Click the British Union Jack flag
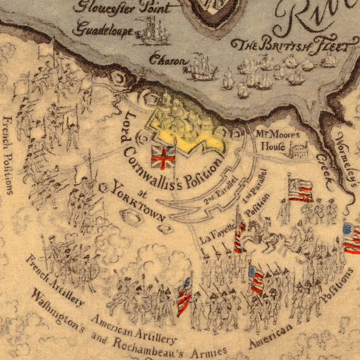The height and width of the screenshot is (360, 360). click(x=163, y=157)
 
